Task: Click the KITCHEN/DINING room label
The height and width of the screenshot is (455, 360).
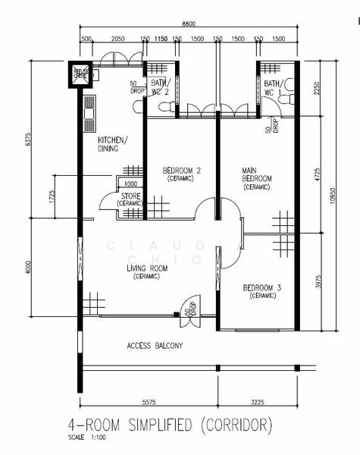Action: pos(113,145)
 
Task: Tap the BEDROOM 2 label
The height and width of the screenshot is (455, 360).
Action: pos(181,171)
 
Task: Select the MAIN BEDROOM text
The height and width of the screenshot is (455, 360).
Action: pos(256,177)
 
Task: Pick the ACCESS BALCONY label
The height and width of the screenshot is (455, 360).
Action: pos(155,347)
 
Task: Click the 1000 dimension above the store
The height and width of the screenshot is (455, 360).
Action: pos(130,184)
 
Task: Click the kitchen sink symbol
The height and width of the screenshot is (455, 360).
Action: pos(90,113)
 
